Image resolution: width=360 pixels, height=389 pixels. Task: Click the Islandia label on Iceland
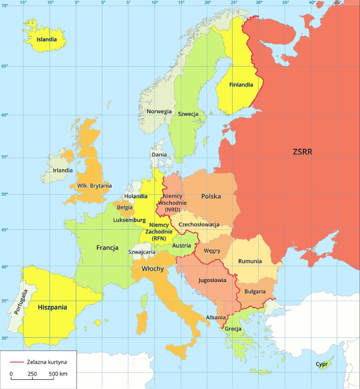tap(46, 39)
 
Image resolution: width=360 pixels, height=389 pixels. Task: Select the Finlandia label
tap(241, 85)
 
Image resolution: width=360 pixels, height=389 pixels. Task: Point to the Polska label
tap(211, 196)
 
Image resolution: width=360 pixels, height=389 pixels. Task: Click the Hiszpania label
tap(52, 307)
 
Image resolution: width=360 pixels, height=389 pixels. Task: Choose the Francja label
tap(107, 248)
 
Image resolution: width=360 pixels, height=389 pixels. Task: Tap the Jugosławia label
tap(212, 280)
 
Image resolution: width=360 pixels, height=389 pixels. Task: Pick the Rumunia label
tap(250, 261)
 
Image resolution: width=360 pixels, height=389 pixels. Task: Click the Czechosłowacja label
tap(199, 224)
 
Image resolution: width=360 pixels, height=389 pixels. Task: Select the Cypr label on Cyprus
tap(321, 364)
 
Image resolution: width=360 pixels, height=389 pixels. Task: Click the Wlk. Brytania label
tap(94, 186)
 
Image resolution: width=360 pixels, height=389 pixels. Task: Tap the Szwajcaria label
tap(142, 252)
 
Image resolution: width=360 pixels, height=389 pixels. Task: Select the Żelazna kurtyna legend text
tap(47, 362)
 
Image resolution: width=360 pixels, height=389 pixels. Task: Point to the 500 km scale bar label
tap(58, 374)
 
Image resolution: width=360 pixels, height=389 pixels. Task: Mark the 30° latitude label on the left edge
tap(4, 338)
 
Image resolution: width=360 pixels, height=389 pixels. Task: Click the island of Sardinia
tap(142, 322)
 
